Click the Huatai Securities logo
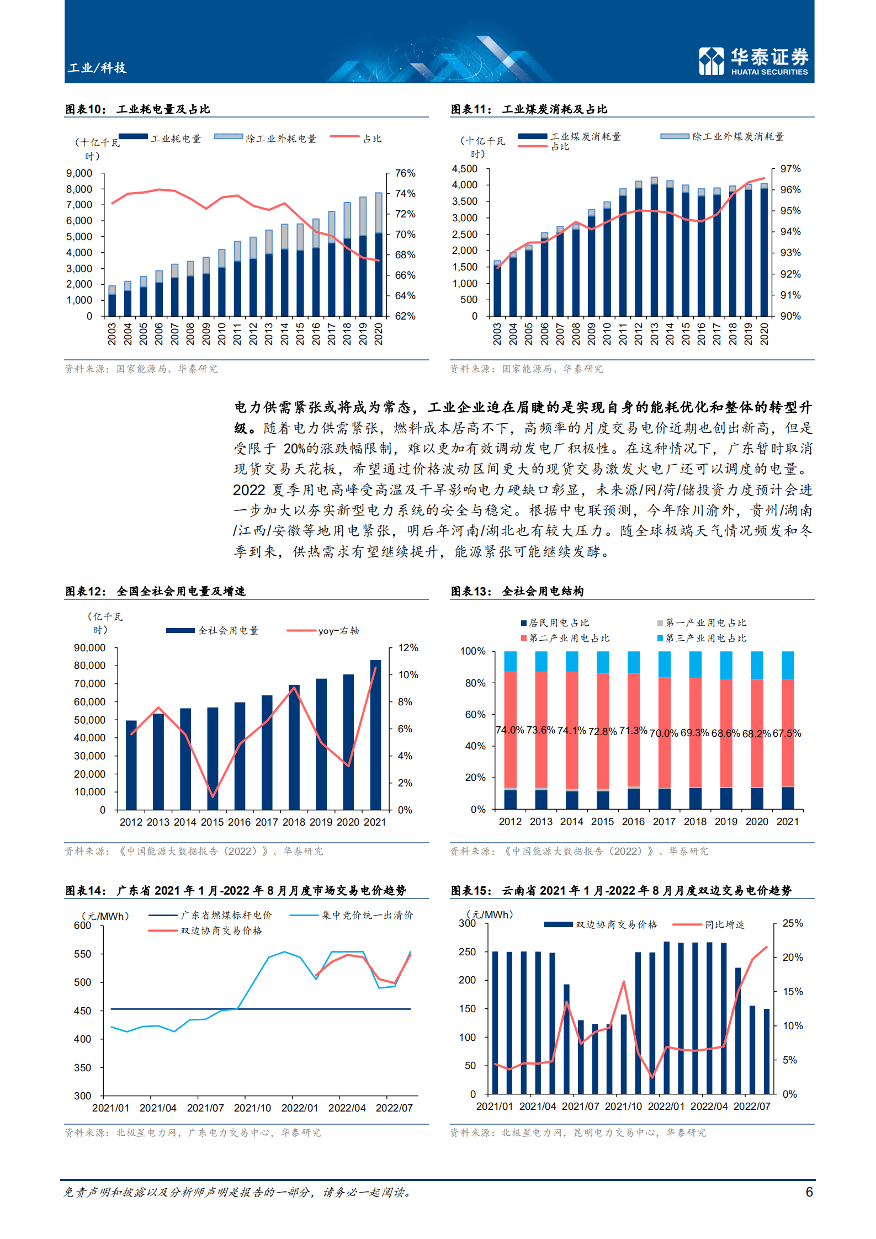pyautogui.click(x=753, y=61)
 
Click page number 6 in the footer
pyautogui.click(x=809, y=1192)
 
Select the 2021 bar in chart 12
pyautogui.click(x=375, y=734)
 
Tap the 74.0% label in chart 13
pyautogui.click(x=509, y=730)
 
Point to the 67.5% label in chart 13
pyautogui.click(x=787, y=733)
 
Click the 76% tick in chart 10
pyautogui.click(x=405, y=173)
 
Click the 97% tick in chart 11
pyautogui.click(x=790, y=169)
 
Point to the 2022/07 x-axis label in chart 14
pyautogui.click(x=394, y=1108)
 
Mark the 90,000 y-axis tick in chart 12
pyautogui.click(x=89, y=647)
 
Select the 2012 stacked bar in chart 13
pyautogui.click(x=510, y=730)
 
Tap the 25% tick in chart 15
pyautogui.click(x=792, y=923)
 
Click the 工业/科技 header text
pyautogui.click(x=97, y=68)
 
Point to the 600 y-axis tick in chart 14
pyautogui.click(x=83, y=926)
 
